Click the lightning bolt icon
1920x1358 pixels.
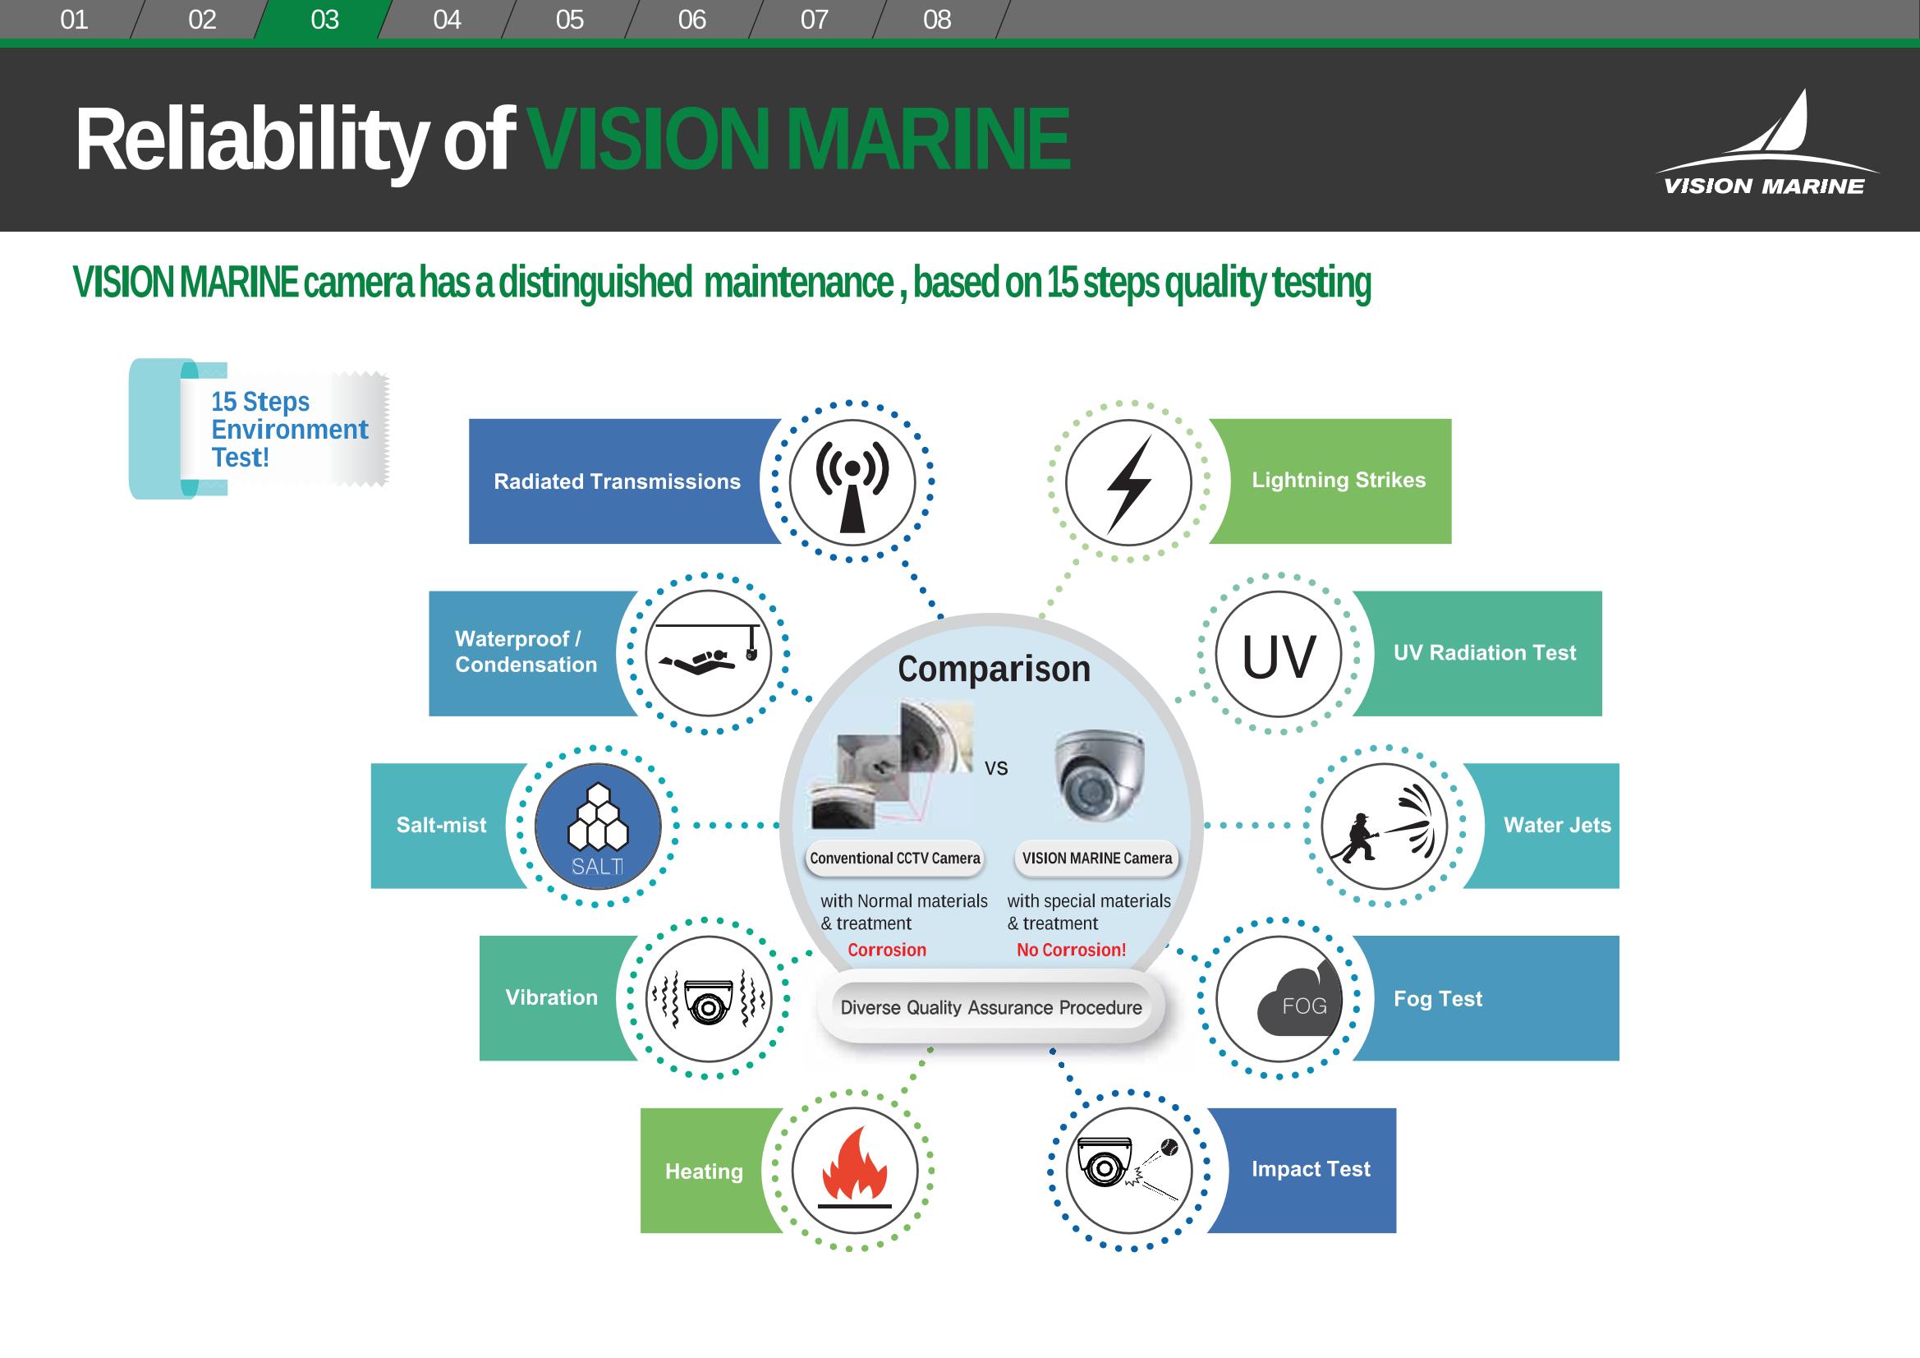pyautogui.click(x=1129, y=483)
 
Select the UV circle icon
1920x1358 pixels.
pyautogui.click(x=1278, y=654)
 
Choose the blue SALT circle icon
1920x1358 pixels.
pyautogui.click(x=597, y=826)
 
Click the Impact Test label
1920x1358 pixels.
pyautogui.click(x=1311, y=1169)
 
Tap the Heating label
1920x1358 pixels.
pyautogui.click(x=704, y=1172)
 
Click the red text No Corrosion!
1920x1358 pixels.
pyautogui.click(x=1071, y=950)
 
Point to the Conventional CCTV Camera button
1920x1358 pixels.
pyautogui.click(x=895, y=859)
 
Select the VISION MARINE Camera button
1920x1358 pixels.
pyautogui.click(x=1096, y=859)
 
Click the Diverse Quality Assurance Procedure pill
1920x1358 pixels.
pyautogui.click(x=991, y=1007)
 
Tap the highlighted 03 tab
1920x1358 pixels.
pyautogui.click(x=324, y=19)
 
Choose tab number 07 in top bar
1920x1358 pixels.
pyautogui.click(x=815, y=19)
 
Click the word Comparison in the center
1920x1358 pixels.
pyautogui.click(x=994, y=670)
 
